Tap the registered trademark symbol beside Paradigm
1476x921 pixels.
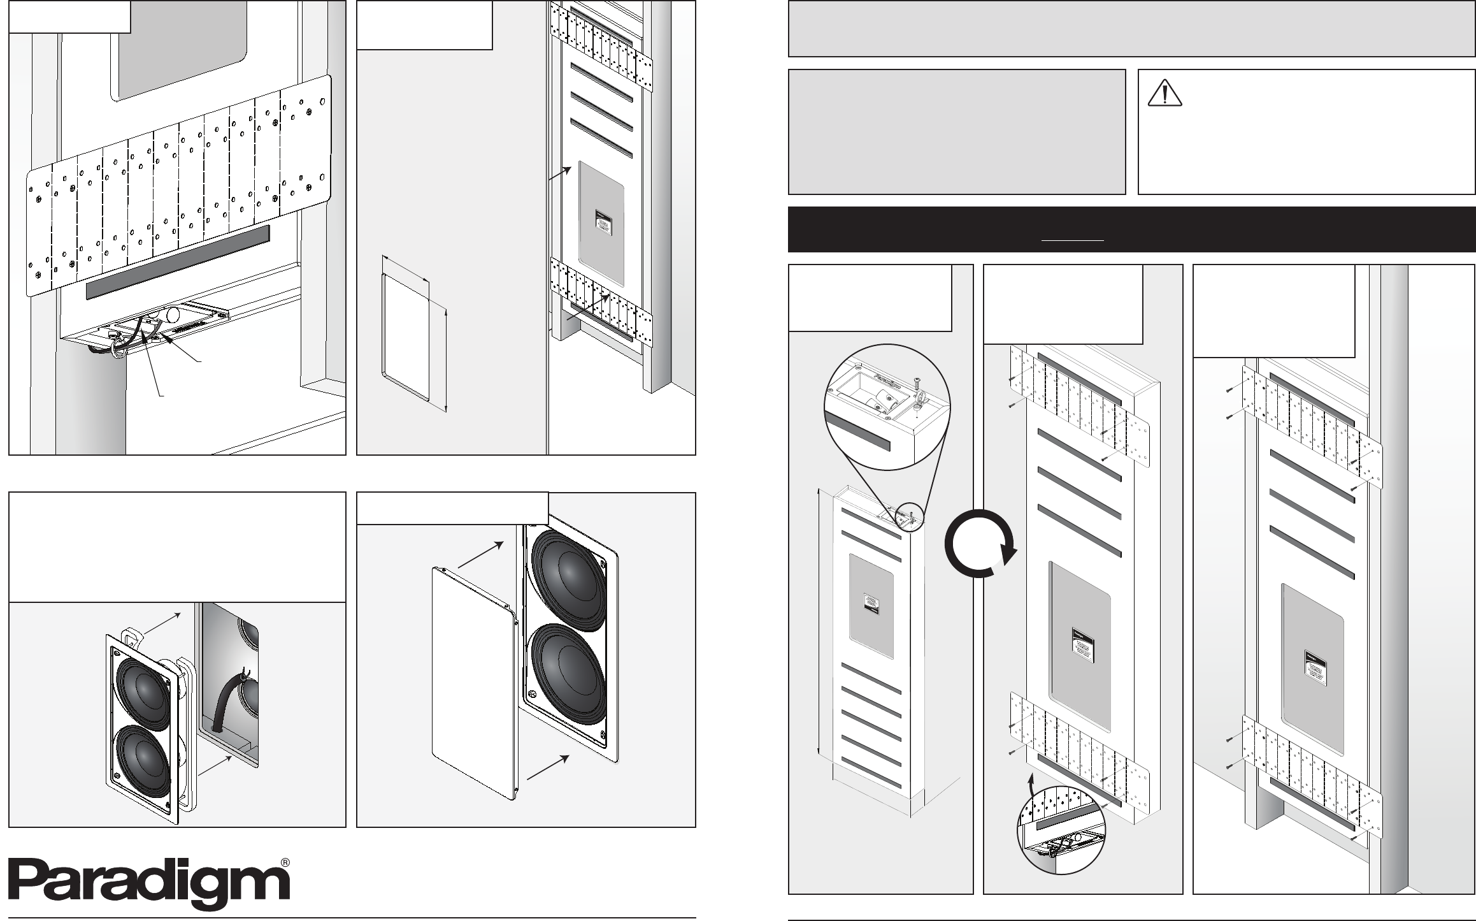coord(286,862)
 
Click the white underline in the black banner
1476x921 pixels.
coord(1072,240)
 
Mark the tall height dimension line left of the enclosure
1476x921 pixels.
coord(819,623)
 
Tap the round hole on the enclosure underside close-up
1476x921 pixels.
coord(173,315)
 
